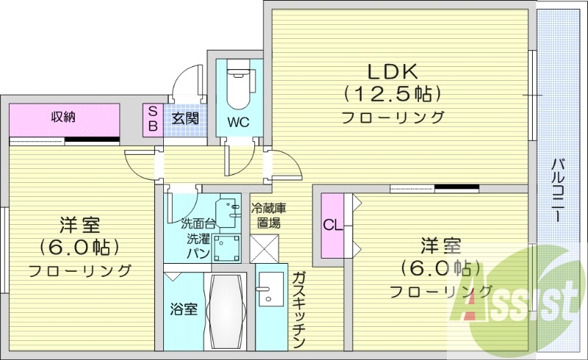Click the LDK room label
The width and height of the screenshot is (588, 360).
392,71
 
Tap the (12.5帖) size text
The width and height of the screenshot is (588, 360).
392,94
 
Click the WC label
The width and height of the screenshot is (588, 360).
237,122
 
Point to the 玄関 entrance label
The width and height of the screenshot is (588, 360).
184,119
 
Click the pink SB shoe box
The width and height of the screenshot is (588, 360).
153,119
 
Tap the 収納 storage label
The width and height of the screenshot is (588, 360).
64,116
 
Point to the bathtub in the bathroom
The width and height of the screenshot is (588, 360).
227,312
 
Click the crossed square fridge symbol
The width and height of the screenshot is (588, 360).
265,248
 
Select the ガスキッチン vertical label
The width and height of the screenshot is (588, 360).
298,309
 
